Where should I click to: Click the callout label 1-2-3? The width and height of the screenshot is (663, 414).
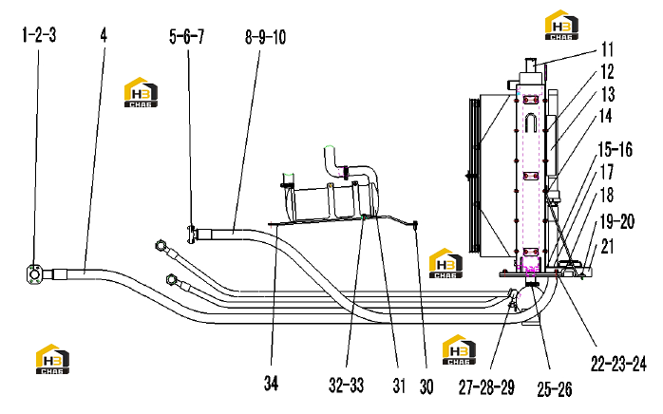click(39, 35)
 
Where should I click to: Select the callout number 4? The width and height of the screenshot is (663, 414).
click(104, 35)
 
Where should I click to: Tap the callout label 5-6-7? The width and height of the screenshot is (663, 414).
click(186, 37)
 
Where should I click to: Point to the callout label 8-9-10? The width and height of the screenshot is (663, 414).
click(265, 37)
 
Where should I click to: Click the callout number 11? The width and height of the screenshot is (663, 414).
click(607, 49)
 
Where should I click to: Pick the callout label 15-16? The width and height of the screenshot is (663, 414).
click(616, 150)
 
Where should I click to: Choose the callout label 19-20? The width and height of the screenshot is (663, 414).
click(617, 221)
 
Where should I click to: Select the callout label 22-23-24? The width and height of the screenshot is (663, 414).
click(618, 364)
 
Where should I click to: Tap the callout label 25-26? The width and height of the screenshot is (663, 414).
click(555, 389)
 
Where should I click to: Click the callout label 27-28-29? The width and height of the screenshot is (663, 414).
click(486, 386)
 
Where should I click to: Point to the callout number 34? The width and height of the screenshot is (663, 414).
click(272, 383)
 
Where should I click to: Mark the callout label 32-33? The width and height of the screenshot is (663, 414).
click(347, 386)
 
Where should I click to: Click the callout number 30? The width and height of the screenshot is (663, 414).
click(426, 386)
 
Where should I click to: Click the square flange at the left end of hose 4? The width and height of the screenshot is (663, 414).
click(34, 273)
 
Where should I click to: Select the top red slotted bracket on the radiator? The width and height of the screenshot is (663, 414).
click(531, 100)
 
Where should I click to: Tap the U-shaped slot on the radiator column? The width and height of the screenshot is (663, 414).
click(531, 122)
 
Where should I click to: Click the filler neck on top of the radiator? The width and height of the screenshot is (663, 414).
click(531, 66)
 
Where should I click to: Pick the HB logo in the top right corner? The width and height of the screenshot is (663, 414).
click(561, 25)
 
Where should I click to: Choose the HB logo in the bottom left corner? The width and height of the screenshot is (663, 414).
click(52, 359)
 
